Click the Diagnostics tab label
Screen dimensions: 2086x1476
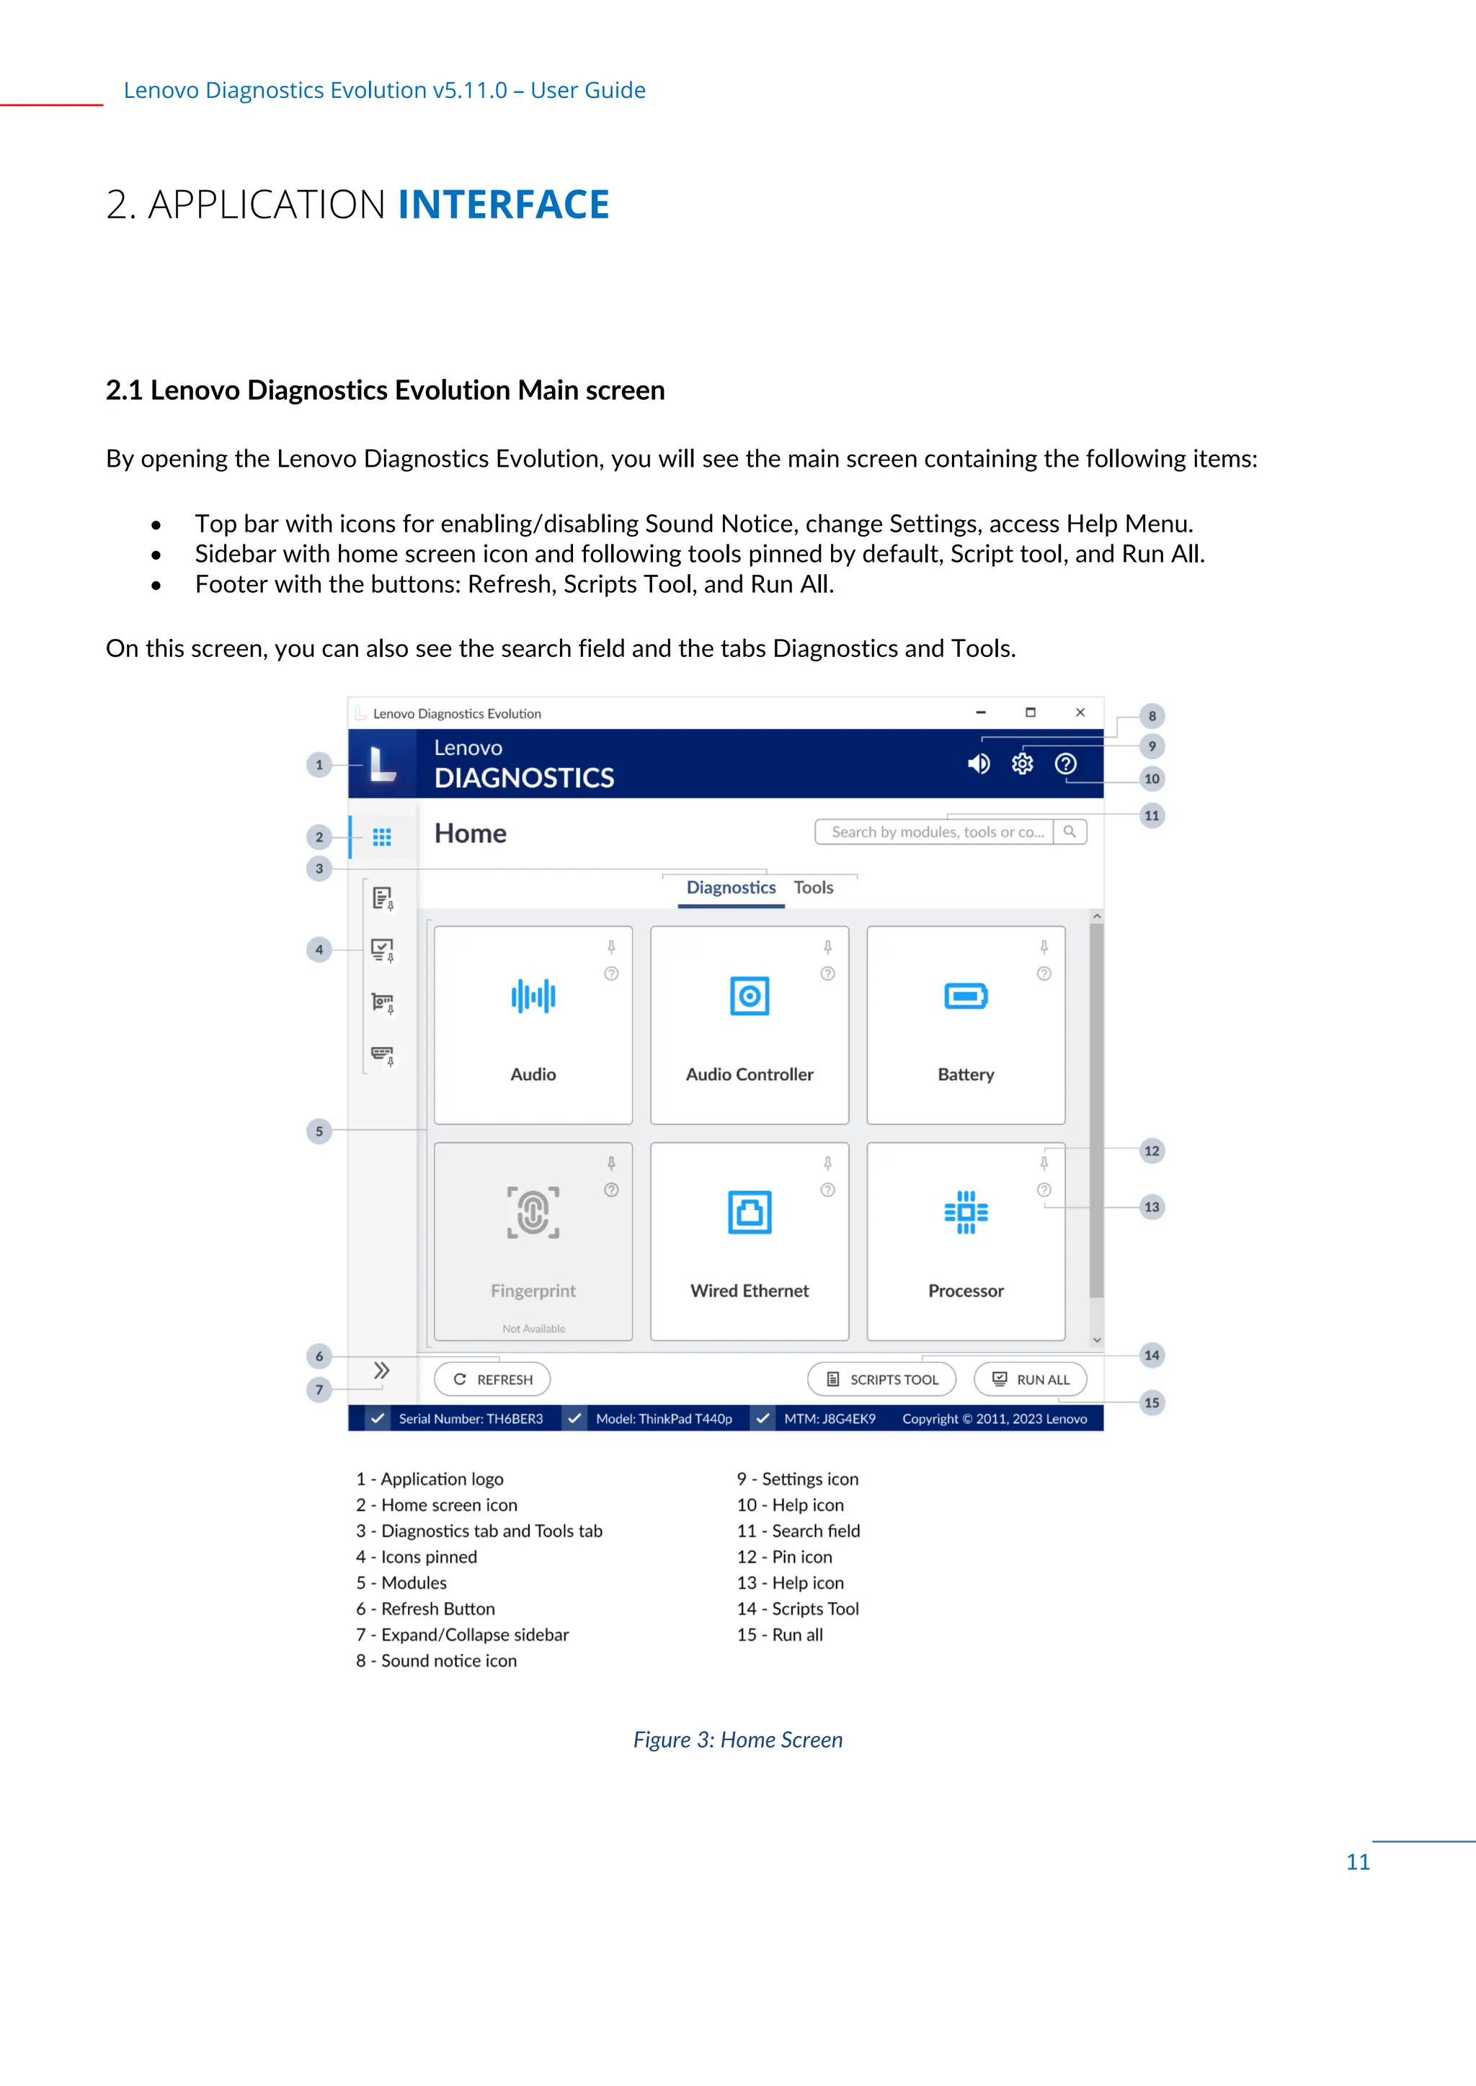(x=731, y=887)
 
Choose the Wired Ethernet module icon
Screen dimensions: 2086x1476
(x=749, y=1212)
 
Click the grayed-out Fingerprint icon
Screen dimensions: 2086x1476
(x=533, y=1212)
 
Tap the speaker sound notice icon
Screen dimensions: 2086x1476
(x=978, y=764)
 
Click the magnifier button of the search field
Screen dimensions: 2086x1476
(x=1070, y=831)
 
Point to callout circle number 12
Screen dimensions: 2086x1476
(x=1152, y=1150)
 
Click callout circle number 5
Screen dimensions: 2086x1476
(x=319, y=1131)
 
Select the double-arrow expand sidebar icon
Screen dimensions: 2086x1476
(x=382, y=1370)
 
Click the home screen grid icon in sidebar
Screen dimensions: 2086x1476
(x=382, y=837)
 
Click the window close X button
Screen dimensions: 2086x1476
(x=1080, y=712)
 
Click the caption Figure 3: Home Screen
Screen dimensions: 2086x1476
(x=737, y=1739)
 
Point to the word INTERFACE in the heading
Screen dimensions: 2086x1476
(x=504, y=205)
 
